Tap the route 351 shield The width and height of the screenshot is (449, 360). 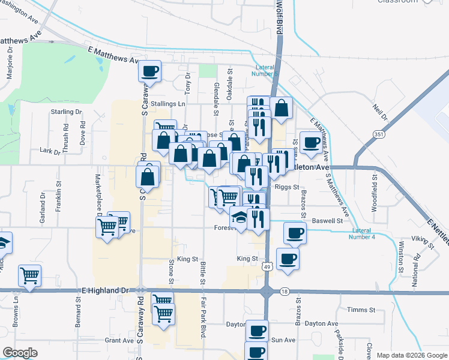pyautogui.click(x=378, y=135)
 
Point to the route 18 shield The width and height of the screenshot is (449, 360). pyautogui.click(x=284, y=291)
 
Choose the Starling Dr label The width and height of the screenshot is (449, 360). pyautogui.click(x=66, y=112)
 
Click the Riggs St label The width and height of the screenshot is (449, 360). pyautogui.click(x=287, y=187)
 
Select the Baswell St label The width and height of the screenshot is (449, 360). pyautogui.click(x=330, y=221)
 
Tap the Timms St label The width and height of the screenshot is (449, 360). pyautogui.click(x=364, y=310)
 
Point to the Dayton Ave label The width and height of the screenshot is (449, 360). pyautogui.click(x=322, y=323)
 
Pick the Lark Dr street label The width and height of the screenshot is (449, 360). pyautogui.click(x=50, y=152)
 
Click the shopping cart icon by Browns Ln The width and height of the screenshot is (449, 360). pyautogui.click(x=29, y=275)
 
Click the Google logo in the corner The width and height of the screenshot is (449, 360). pyautogui.click(x=20, y=352)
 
